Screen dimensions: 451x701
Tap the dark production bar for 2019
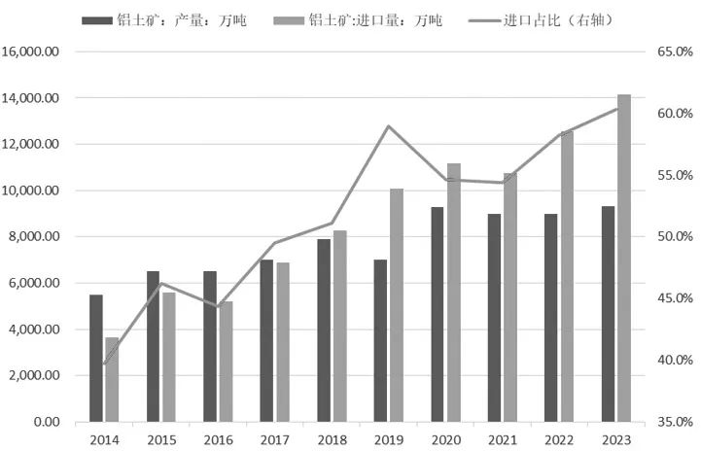pos(380,340)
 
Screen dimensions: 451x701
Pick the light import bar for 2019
pos(396,304)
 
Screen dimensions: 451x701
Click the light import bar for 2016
pos(226,362)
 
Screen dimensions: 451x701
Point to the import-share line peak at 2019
pos(388,126)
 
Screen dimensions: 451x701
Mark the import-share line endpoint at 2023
pos(616,108)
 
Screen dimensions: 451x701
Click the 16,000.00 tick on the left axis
pos(32,52)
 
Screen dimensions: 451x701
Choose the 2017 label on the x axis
pos(274,440)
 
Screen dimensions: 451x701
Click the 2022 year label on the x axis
pos(558,440)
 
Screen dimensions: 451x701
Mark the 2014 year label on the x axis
pos(104,440)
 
